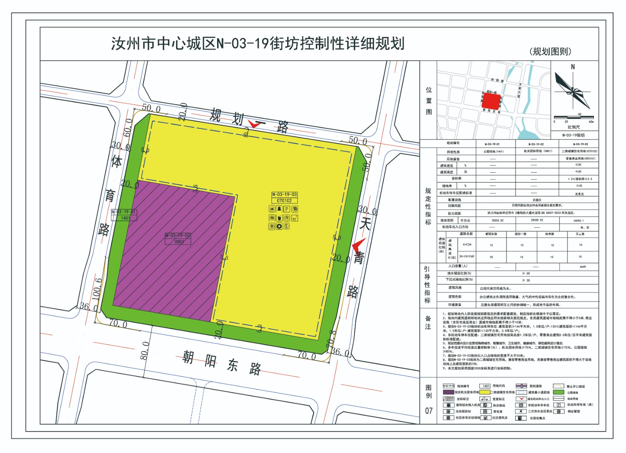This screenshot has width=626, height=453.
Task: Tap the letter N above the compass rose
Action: point(573,67)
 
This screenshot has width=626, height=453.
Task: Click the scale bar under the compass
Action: point(573,117)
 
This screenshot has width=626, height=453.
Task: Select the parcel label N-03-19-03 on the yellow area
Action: point(284,195)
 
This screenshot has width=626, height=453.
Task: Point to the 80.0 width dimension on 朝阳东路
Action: point(144,351)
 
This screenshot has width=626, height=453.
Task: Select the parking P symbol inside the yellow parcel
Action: point(286,209)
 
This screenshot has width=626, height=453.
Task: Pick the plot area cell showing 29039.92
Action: point(536,220)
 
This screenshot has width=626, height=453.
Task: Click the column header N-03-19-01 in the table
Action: point(492,144)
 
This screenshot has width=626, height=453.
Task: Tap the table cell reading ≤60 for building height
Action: point(578,171)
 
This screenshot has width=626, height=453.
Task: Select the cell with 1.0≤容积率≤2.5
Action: point(580,179)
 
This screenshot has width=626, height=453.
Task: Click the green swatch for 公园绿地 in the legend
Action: point(558,392)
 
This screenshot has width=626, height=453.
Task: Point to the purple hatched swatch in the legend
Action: point(448,392)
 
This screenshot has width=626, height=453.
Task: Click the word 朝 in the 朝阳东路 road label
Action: point(188,357)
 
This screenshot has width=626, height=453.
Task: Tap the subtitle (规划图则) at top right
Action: point(550,51)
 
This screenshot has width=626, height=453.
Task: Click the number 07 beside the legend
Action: point(429,411)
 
